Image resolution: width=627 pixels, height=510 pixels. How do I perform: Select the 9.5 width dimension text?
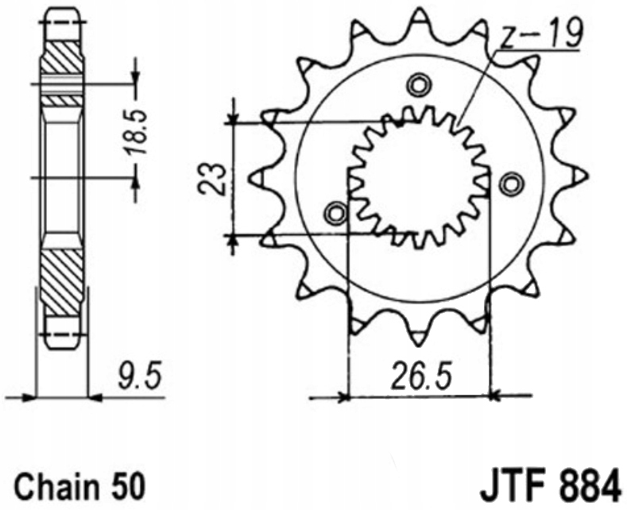point(140,375)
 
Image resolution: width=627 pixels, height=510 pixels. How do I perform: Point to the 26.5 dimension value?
point(421,376)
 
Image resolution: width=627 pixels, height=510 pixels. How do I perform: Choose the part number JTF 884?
point(552,485)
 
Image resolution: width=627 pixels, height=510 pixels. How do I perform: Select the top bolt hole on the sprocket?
point(419,85)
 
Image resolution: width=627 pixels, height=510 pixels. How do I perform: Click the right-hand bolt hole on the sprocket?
point(512,184)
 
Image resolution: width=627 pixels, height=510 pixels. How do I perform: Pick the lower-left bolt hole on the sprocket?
point(336,214)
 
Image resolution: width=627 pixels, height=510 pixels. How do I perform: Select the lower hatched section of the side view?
point(61,282)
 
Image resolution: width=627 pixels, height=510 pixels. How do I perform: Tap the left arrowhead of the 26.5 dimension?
point(343,397)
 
